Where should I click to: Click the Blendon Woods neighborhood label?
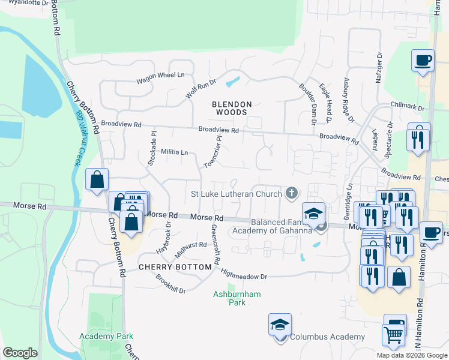(x=232, y=108)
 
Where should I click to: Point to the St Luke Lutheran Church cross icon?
(x=292, y=193)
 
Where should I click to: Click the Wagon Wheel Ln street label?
(x=160, y=77)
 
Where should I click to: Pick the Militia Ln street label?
(x=175, y=152)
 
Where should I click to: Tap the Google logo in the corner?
(x=20, y=352)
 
